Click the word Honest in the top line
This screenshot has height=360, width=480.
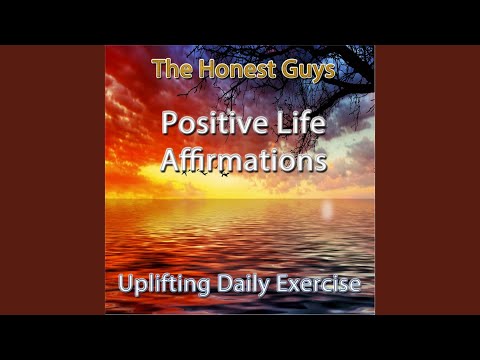[x=226, y=71]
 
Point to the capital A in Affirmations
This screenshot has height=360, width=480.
[x=170, y=160]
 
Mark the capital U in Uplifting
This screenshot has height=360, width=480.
[x=125, y=284]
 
